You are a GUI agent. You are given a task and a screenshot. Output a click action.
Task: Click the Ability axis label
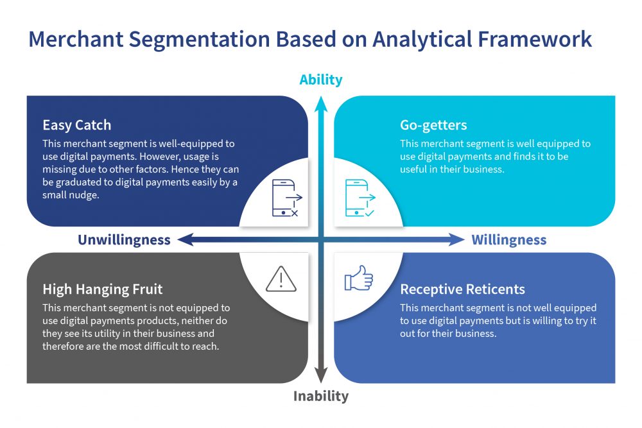click(320, 80)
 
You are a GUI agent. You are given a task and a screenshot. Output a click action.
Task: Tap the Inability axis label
click(321, 396)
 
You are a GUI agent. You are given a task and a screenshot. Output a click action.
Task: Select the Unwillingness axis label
click(124, 240)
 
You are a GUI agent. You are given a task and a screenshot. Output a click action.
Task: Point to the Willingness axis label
click(509, 240)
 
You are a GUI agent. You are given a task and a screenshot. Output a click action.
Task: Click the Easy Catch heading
click(76, 124)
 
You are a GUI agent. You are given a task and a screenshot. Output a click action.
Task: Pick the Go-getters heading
click(433, 125)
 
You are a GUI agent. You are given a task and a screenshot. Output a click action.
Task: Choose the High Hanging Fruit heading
click(102, 289)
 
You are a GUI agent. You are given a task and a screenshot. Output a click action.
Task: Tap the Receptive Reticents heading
click(462, 289)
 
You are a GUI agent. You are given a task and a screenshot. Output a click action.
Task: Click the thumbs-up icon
click(359, 278)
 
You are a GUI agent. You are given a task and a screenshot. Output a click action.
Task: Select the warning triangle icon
click(281, 280)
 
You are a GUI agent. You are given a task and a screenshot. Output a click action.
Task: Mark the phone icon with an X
click(287, 198)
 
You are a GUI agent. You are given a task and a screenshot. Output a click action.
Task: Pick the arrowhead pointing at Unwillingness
click(185, 239)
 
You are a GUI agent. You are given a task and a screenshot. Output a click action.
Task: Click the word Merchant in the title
click(76, 40)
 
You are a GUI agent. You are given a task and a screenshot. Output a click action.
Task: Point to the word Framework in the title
click(535, 40)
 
